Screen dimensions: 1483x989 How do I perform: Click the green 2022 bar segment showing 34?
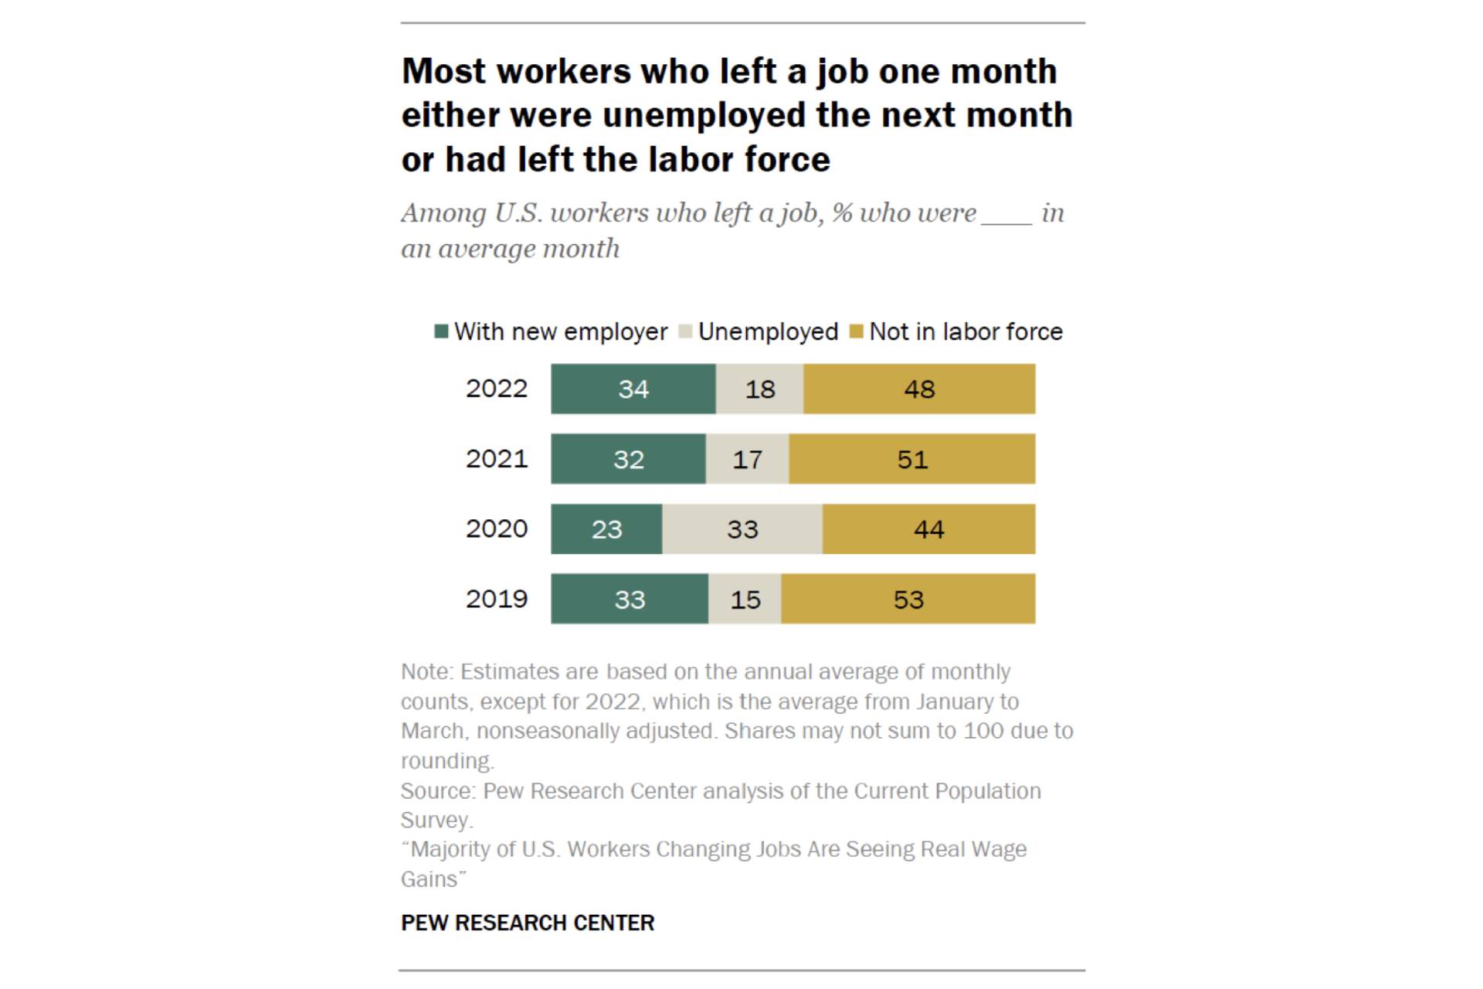tap(633, 389)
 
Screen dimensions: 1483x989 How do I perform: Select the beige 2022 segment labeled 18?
tap(759, 389)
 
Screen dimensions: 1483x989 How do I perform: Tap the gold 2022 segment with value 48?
tap(919, 389)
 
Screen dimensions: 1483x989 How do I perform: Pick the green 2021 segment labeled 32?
tap(628, 459)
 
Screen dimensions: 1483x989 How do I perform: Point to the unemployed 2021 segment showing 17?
tap(748, 459)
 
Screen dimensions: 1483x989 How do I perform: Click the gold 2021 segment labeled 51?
tap(912, 459)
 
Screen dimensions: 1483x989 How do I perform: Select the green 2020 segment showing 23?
tap(606, 529)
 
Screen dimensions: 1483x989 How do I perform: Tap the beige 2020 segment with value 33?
tap(742, 529)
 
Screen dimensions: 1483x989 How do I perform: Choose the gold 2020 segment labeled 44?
tap(929, 529)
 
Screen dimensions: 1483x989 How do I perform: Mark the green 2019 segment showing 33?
tap(630, 599)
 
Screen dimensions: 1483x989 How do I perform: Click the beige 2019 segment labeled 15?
tap(745, 599)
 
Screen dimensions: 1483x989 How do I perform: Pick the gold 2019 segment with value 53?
tap(908, 599)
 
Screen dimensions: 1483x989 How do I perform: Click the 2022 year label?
tap(497, 389)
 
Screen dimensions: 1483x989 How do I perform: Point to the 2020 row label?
tap(497, 529)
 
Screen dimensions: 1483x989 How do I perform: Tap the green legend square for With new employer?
tap(442, 331)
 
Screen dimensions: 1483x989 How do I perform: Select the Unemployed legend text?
tap(769, 332)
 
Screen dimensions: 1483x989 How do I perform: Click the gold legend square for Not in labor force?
tap(856, 331)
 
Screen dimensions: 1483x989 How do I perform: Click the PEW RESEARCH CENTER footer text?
tap(528, 923)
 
